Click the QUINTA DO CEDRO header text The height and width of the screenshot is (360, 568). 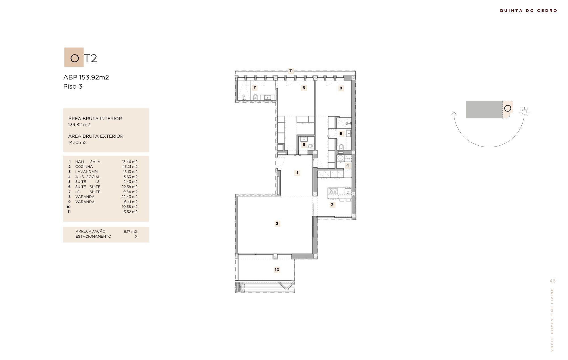tap(529, 11)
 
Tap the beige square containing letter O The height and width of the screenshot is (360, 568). tap(74, 57)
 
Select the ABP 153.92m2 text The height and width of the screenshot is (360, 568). tap(86, 77)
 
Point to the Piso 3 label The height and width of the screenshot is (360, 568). tap(73, 86)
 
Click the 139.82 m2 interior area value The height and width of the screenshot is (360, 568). tap(79, 125)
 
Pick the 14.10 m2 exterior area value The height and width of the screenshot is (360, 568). tap(77, 143)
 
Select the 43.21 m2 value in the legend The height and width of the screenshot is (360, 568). tap(130, 167)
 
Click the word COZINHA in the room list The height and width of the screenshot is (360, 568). tap(84, 167)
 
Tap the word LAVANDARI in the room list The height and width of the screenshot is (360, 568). tap(86, 172)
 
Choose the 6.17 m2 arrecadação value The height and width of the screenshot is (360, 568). tap(130, 231)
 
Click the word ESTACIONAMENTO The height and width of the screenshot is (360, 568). tap(93, 236)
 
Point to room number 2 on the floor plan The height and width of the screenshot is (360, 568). tap(277, 223)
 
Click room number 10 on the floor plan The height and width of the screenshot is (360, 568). tap(277, 270)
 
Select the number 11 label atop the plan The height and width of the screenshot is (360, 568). tap(291, 71)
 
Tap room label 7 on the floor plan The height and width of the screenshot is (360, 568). tap(254, 87)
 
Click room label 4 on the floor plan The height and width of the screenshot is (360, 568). tap(347, 166)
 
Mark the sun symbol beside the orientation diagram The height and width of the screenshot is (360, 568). tap(524, 112)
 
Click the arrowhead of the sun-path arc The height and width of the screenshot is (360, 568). tap(454, 114)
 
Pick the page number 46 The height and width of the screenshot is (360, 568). tap(552, 281)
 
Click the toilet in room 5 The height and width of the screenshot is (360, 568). tap(311, 146)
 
